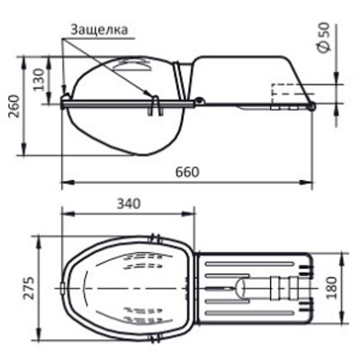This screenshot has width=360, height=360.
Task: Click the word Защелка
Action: tap(99, 30)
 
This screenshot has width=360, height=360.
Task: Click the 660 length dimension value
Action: tap(187, 172)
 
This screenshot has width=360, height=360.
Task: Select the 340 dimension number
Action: tap(129, 203)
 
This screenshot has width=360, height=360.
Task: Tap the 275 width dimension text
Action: tap(29, 288)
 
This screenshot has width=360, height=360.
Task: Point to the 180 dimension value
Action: tap(331, 288)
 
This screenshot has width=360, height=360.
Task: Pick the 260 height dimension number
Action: tap(14, 106)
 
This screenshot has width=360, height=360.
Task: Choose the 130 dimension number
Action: tap(39, 79)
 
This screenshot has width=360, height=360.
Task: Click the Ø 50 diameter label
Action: tap(324, 37)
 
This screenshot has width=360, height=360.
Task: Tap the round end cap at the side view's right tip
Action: tap(312, 106)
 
